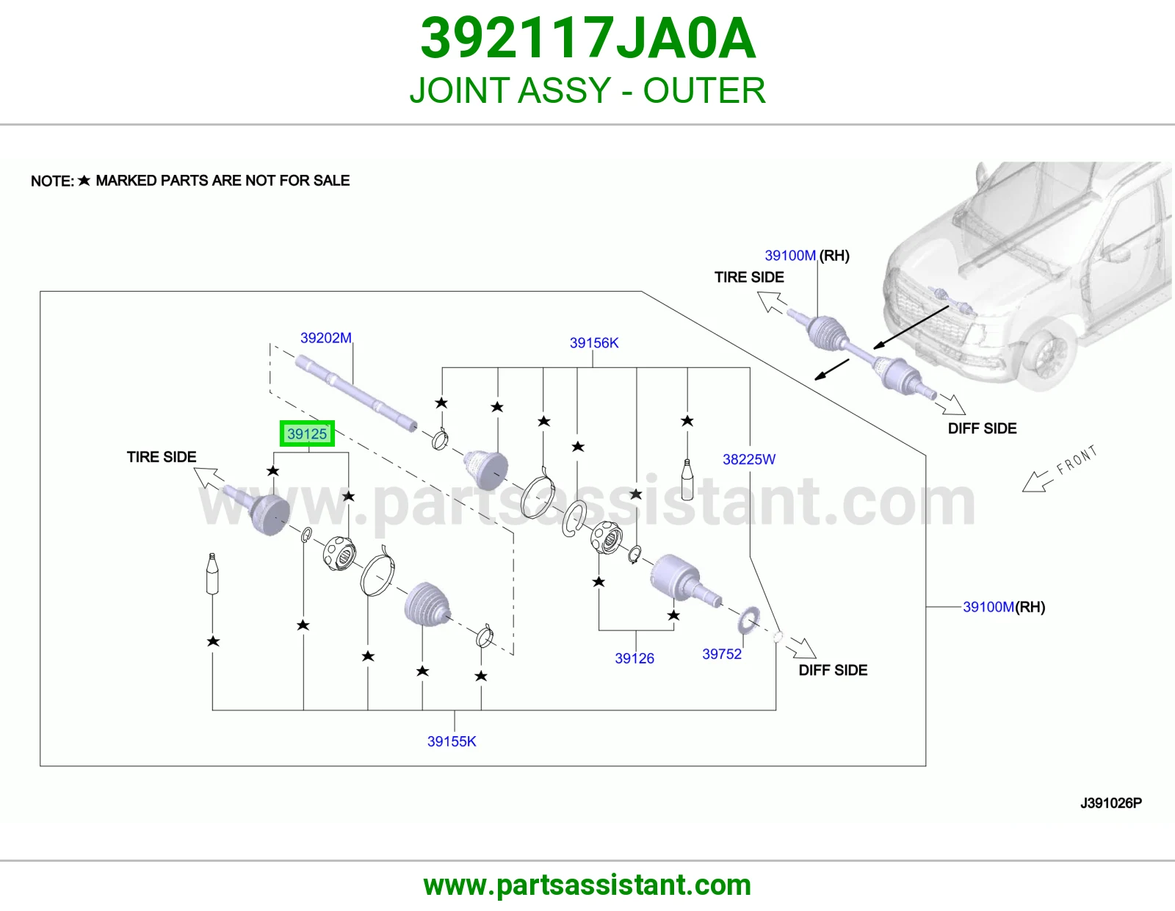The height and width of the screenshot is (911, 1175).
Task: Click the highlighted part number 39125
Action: coord(306,433)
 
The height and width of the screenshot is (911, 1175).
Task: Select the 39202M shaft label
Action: coord(325,337)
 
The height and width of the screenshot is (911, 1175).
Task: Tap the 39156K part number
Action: coord(593,342)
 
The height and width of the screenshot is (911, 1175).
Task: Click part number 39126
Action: coord(634,658)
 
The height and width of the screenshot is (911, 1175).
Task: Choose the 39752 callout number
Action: coord(722,654)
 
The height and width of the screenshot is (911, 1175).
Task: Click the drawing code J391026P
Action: coord(1111,803)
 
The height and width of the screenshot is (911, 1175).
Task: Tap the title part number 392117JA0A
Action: coord(587,38)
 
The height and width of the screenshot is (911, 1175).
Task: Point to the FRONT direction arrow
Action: coord(1035,481)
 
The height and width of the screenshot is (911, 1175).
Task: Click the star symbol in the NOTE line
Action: coord(84,180)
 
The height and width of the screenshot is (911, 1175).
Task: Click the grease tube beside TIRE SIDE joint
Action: coord(212,574)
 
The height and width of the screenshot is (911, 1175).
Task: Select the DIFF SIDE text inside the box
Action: coord(833,670)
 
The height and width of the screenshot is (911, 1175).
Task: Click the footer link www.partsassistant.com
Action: coord(587,885)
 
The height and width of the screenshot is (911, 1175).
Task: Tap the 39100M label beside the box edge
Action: coord(988,606)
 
